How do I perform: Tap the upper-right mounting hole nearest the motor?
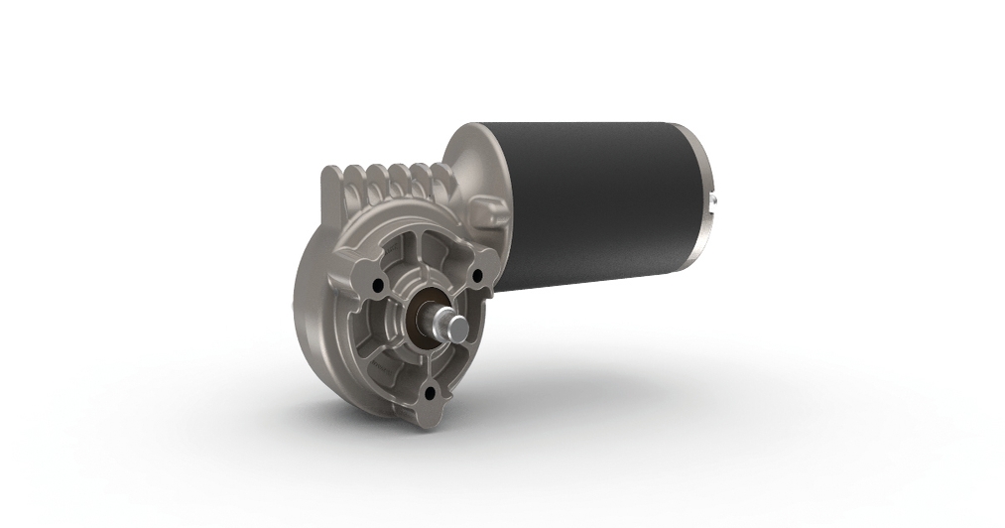[x=478, y=275]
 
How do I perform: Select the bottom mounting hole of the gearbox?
[x=430, y=393]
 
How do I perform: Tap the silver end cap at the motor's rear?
[x=708, y=198]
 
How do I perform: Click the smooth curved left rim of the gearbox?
[x=304, y=298]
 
